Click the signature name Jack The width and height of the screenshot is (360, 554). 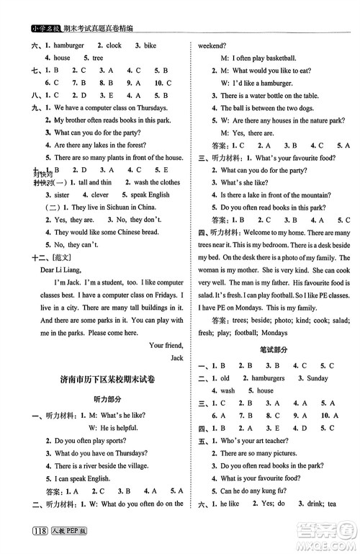176,357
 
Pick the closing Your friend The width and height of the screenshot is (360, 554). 166,345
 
